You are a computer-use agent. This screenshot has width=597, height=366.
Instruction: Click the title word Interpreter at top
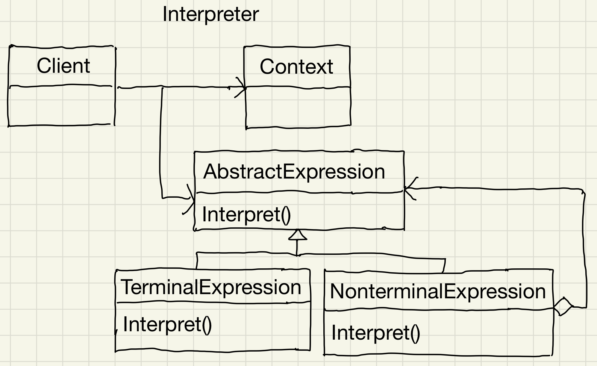pyautogui.click(x=210, y=14)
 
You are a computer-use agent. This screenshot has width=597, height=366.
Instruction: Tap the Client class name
pyautogui.click(x=63, y=66)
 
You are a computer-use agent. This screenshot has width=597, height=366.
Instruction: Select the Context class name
pyautogui.click(x=296, y=66)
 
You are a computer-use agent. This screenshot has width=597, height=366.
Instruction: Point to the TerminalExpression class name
pyautogui.click(x=211, y=287)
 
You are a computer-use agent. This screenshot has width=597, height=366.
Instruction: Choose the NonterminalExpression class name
pyautogui.click(x=437, y=291)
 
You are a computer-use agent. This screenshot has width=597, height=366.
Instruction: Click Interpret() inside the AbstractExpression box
pyautogui.click(x=246, y=214)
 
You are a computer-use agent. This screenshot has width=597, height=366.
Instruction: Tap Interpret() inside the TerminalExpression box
pyautogui.click(x=167, y=324)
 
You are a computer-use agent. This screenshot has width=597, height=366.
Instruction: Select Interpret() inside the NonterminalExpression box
pyautogui.click(x=375, y=333)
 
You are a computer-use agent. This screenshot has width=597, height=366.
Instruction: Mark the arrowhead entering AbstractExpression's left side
pyautogui.click(x=190, y=198)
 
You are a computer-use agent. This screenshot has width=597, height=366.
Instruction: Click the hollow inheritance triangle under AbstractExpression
pyautogui.click(x=298, y=235)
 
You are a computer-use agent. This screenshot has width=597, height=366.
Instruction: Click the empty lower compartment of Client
pyautogui.click(x=61, y=105)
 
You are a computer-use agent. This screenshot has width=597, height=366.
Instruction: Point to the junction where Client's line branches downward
pyautogui.click(x=162, y=87)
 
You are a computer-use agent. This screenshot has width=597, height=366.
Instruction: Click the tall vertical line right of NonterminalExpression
pyautogui.click(x=584, y=249)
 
